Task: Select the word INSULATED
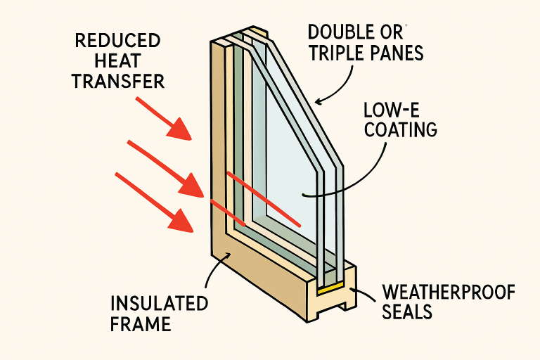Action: pos(159,304)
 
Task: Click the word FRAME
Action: pos(141,325)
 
